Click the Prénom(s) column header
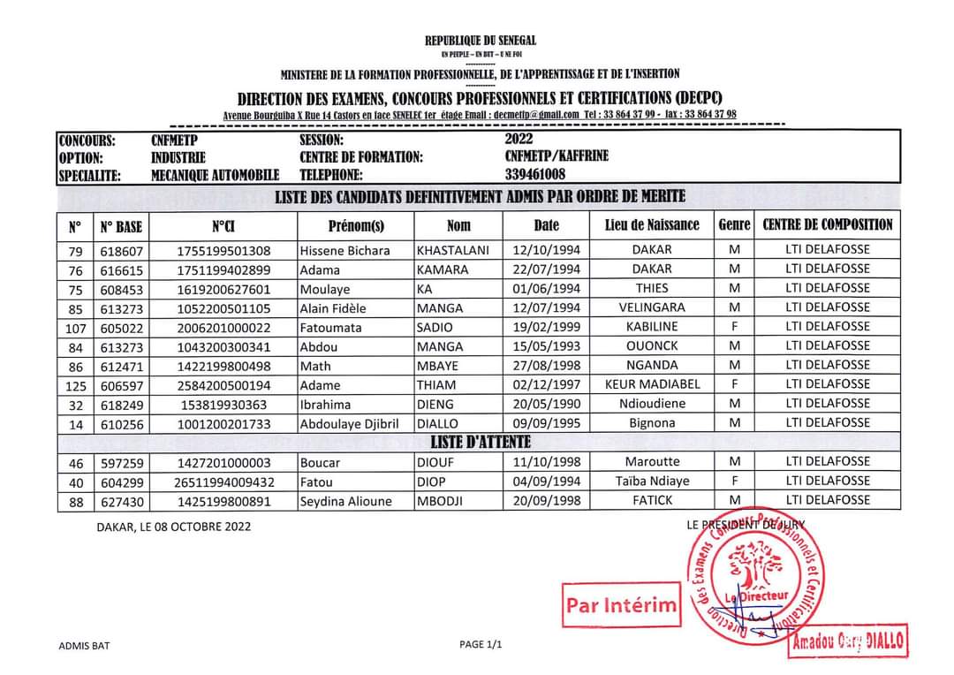tap(356, 225)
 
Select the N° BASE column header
tap(121, 226)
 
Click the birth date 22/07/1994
tap(547, 269)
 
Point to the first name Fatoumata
tap(329, 327)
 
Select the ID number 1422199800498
tap(223, 366)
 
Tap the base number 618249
tap(121, 405)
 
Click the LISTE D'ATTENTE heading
tap(480, 441)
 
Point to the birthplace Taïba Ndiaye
tap(652, 482)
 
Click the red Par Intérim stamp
tap(622, 605)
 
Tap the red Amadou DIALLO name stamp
tap(848, 641)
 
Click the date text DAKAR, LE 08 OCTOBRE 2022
tap(174, 527)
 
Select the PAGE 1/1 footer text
tap(481, 644)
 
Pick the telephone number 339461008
tap(535, 174)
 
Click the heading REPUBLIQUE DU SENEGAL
tap(481, 41)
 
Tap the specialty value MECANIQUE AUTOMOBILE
tap(215, 175)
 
